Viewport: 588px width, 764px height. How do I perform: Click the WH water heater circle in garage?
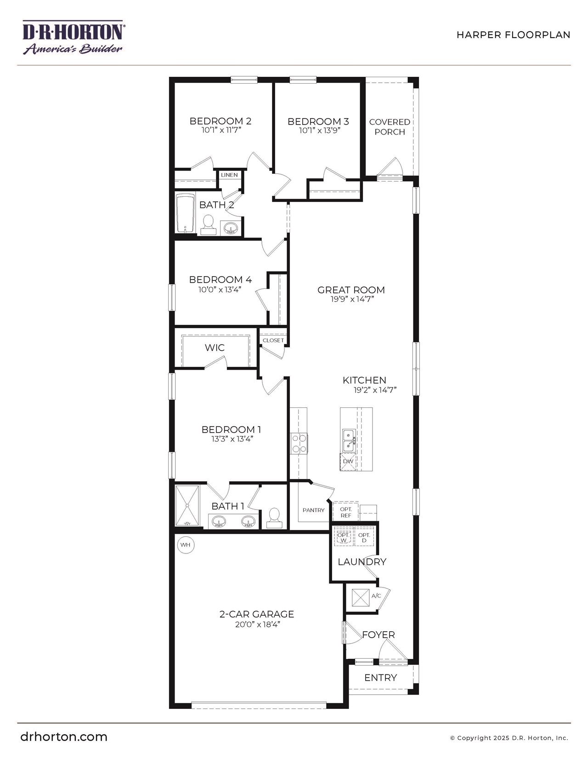(185, 545)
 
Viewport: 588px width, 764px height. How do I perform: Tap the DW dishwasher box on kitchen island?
(348, 462)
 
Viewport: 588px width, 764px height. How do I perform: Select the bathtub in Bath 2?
(186, 213)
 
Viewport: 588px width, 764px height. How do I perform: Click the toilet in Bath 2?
(209, 225)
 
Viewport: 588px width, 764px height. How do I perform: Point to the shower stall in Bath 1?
(187, 505)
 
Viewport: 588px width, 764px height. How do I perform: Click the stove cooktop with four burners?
(299, 444)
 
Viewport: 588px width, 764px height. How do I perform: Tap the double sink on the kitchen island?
(349, 440)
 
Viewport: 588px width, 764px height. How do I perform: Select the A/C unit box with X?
(361, 597)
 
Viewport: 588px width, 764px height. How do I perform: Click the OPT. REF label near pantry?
(346, 512)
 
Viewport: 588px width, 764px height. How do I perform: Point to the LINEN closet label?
(229, 175)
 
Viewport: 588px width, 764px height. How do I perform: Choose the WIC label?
(215, 348)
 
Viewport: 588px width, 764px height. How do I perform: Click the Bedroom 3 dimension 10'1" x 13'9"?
(319, 131)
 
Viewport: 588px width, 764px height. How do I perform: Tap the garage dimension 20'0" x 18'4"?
(256, 624)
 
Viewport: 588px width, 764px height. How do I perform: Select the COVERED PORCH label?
(390, 127)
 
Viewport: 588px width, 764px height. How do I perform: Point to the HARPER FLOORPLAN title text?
(513, 35)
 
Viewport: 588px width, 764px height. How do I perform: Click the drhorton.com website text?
(64, 736)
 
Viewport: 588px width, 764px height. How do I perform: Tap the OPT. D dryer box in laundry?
(364, 537)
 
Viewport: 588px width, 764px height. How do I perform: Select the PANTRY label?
(313, 510)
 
